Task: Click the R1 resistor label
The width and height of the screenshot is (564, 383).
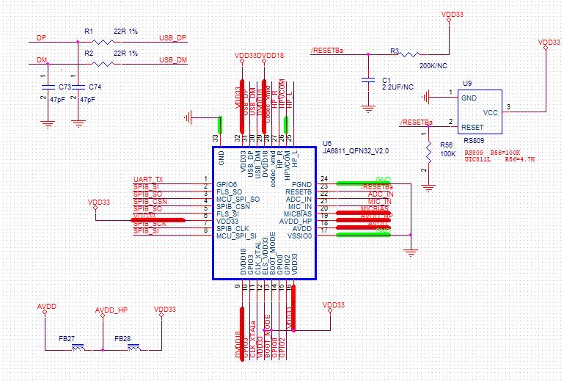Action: point(89,32)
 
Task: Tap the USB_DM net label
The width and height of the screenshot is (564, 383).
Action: point(172,59)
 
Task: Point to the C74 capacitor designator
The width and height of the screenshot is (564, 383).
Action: point(95,87)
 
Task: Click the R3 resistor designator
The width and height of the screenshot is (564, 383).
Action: point(394,51)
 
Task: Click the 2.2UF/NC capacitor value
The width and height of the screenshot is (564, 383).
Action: point(398,87)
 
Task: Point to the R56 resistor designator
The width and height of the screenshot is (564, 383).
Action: point(445,145)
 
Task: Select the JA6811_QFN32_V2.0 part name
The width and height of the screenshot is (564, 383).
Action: point(355,150)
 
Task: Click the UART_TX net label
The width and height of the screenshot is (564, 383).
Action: point(148,180)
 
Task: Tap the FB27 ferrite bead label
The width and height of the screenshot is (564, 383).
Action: point(67,338)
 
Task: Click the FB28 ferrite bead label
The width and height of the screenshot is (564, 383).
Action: point(122,338)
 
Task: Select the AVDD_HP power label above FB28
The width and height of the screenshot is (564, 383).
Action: point(111,310)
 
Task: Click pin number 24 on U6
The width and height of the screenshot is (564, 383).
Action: point(323,178)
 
